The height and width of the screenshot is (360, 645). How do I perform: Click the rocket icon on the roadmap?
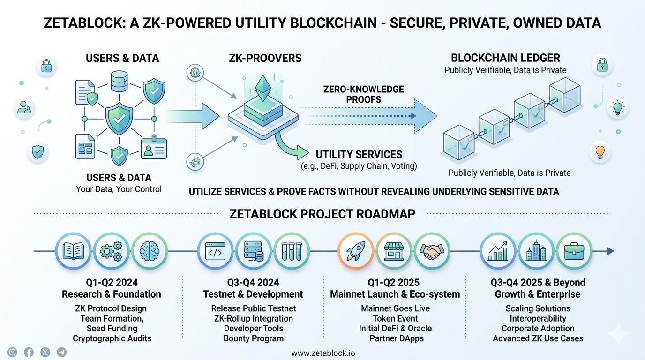click(x=356, y=251)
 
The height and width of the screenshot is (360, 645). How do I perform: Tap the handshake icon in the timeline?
click(x=431, y=251)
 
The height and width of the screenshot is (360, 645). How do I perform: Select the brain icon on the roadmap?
click(x=150, y=251)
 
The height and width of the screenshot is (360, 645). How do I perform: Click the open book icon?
click(x=73, y=251)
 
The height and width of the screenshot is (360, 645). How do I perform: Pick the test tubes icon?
click(x=291, y=251)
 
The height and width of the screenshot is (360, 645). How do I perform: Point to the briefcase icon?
click(x=574, y=251)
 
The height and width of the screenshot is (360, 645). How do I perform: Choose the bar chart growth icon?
click(x=498, y=251)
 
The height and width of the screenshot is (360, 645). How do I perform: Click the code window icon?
click(x=215, y=251)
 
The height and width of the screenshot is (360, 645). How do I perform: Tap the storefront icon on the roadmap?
click(x=394, y=251)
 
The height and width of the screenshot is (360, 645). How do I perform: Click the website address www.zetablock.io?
click(x=323, y=353)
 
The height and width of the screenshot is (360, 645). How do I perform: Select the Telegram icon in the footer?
click(x=61, y=352)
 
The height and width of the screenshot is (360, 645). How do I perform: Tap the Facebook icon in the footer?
click(x=29, y=352)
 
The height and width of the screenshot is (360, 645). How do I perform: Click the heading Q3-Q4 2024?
click(x=253, y=283)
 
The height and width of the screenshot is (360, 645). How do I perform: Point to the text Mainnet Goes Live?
click(x=395, y=308)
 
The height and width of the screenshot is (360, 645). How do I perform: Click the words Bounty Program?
click(x=253, y=338)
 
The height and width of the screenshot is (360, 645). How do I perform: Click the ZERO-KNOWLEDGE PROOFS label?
click(x=363, y=94)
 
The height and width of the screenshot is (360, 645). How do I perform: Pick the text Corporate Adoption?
click(x=538, y=328)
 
